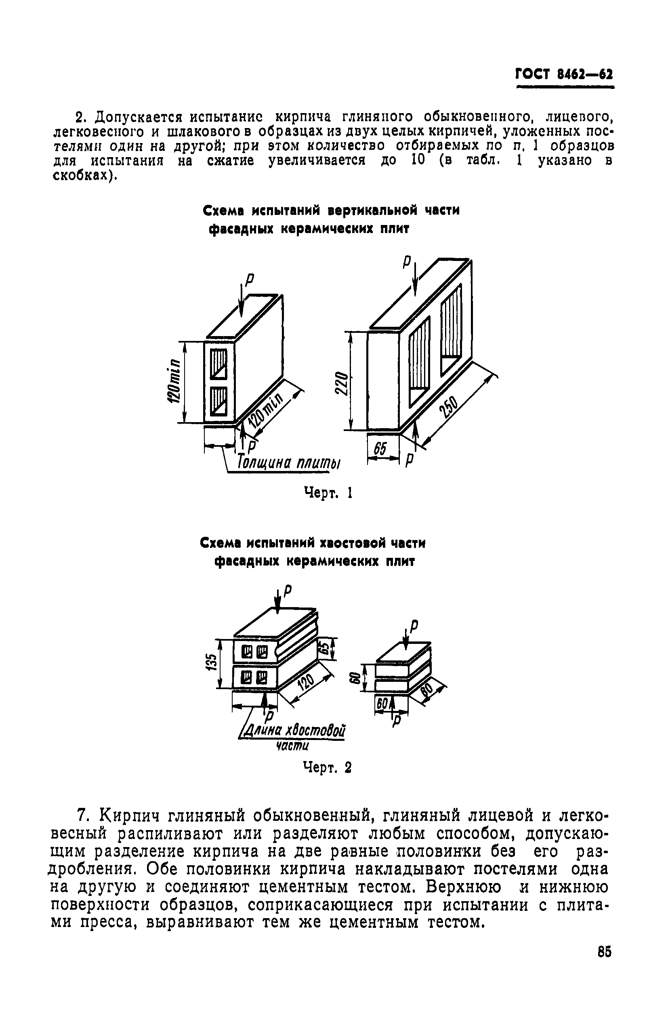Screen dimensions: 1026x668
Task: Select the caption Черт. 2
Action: click(x=328, y=767)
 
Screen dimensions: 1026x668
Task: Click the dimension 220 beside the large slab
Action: click(x=340, y=383)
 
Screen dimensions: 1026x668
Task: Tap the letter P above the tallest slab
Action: click(x=405, y=262)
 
